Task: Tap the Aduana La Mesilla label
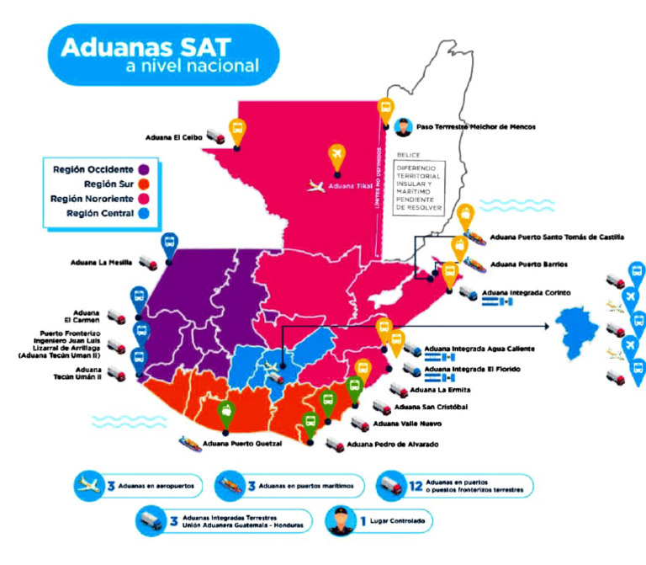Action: click(103, 263)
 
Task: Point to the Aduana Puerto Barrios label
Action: click(528, 264)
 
